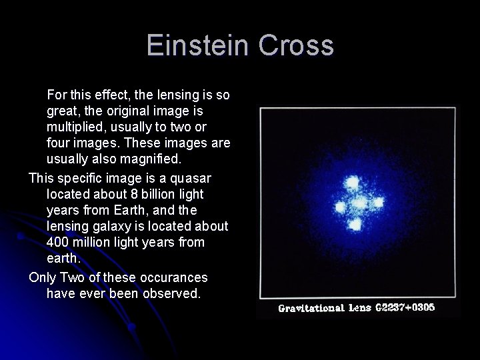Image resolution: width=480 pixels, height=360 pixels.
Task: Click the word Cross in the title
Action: coord(297,45)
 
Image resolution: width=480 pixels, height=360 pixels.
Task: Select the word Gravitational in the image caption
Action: coord(309,309)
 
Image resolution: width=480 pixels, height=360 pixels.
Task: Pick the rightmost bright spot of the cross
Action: coord(378,202)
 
